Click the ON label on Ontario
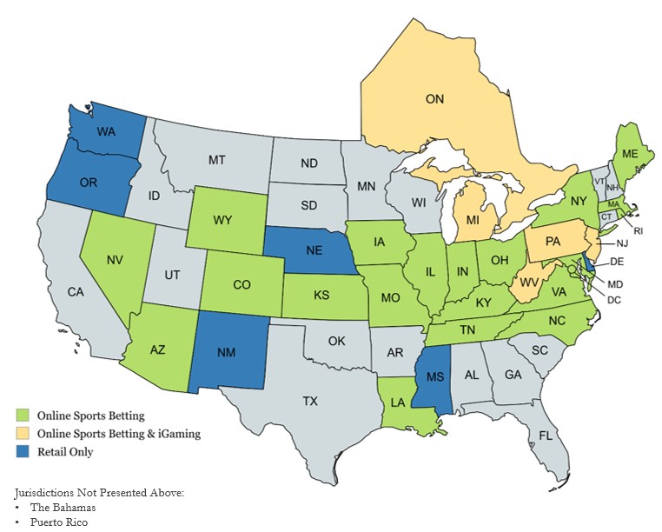pyautogui.click(x=434, y=99)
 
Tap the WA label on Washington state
pyautogui.click(x=106, y=132)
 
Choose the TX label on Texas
pyautogui.click(x=310, y=401)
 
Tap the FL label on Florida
pyautogui.click(x=545, y=435)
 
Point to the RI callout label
pyautogui.click(x=638, y=231)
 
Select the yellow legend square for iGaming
pyautogui.click(x=23, y=434)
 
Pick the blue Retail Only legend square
pyautogui.click(x=23, y=452)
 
